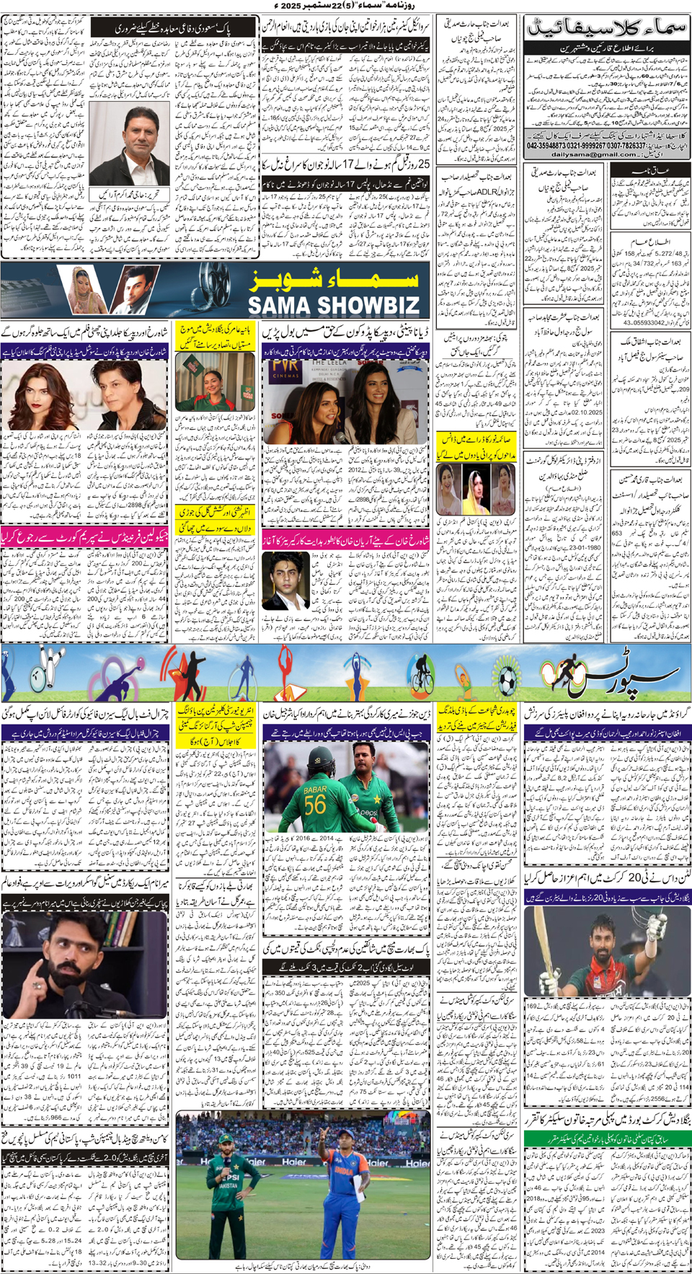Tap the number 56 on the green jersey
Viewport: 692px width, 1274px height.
(315, 805)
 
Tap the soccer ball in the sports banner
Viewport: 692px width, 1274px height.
(508, 679)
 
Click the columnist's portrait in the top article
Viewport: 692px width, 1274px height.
(137, 144)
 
